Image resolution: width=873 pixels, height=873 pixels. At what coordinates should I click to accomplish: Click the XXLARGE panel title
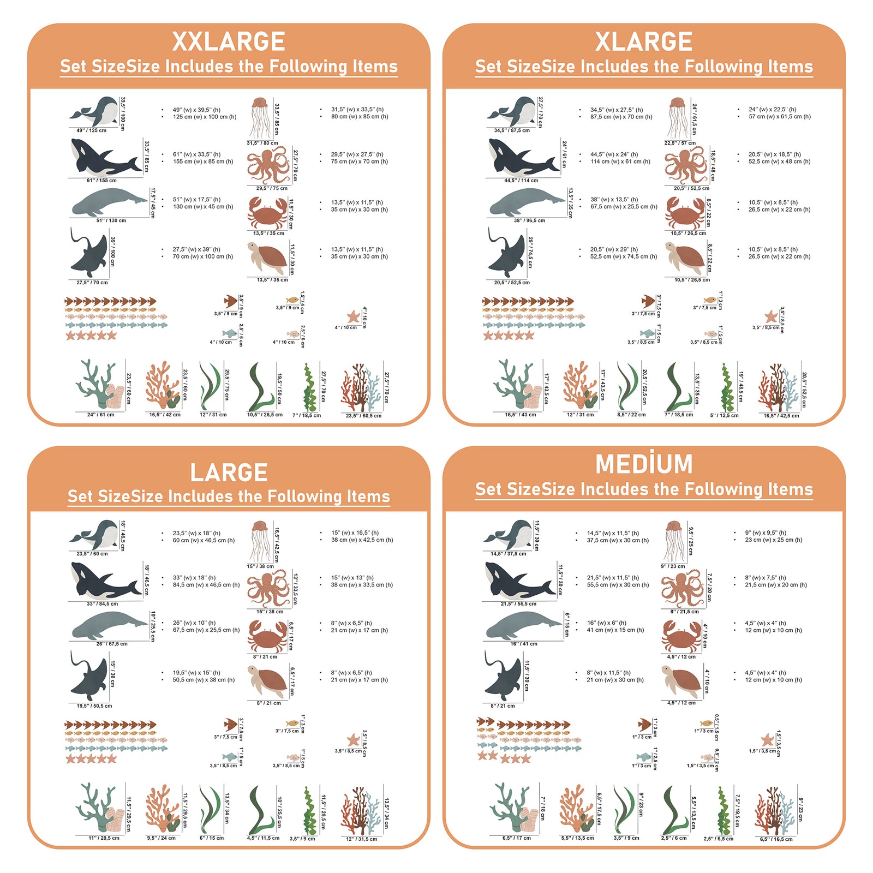coord(229,42)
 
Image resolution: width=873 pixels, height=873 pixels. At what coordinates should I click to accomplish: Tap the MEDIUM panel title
coord(644,464)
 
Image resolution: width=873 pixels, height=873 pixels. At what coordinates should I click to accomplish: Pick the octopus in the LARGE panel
coord(268,588)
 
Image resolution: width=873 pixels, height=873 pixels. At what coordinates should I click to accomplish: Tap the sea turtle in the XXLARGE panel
coord(267,258)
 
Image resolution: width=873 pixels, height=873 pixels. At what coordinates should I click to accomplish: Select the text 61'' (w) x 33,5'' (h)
coord(196,154)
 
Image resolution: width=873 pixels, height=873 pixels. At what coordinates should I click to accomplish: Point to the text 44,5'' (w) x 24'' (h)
coord(614,154)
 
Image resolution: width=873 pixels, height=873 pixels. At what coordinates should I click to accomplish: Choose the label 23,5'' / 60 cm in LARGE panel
coord(92,553)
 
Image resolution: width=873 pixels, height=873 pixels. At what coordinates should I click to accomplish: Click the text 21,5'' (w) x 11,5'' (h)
coord(613,577)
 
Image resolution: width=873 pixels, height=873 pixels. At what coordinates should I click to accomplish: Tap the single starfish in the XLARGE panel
coord(770,316)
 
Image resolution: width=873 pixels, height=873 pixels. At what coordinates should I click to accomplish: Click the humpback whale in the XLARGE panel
coord(512,112)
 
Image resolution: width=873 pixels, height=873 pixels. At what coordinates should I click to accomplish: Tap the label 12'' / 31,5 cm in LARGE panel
coord(361,839)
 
